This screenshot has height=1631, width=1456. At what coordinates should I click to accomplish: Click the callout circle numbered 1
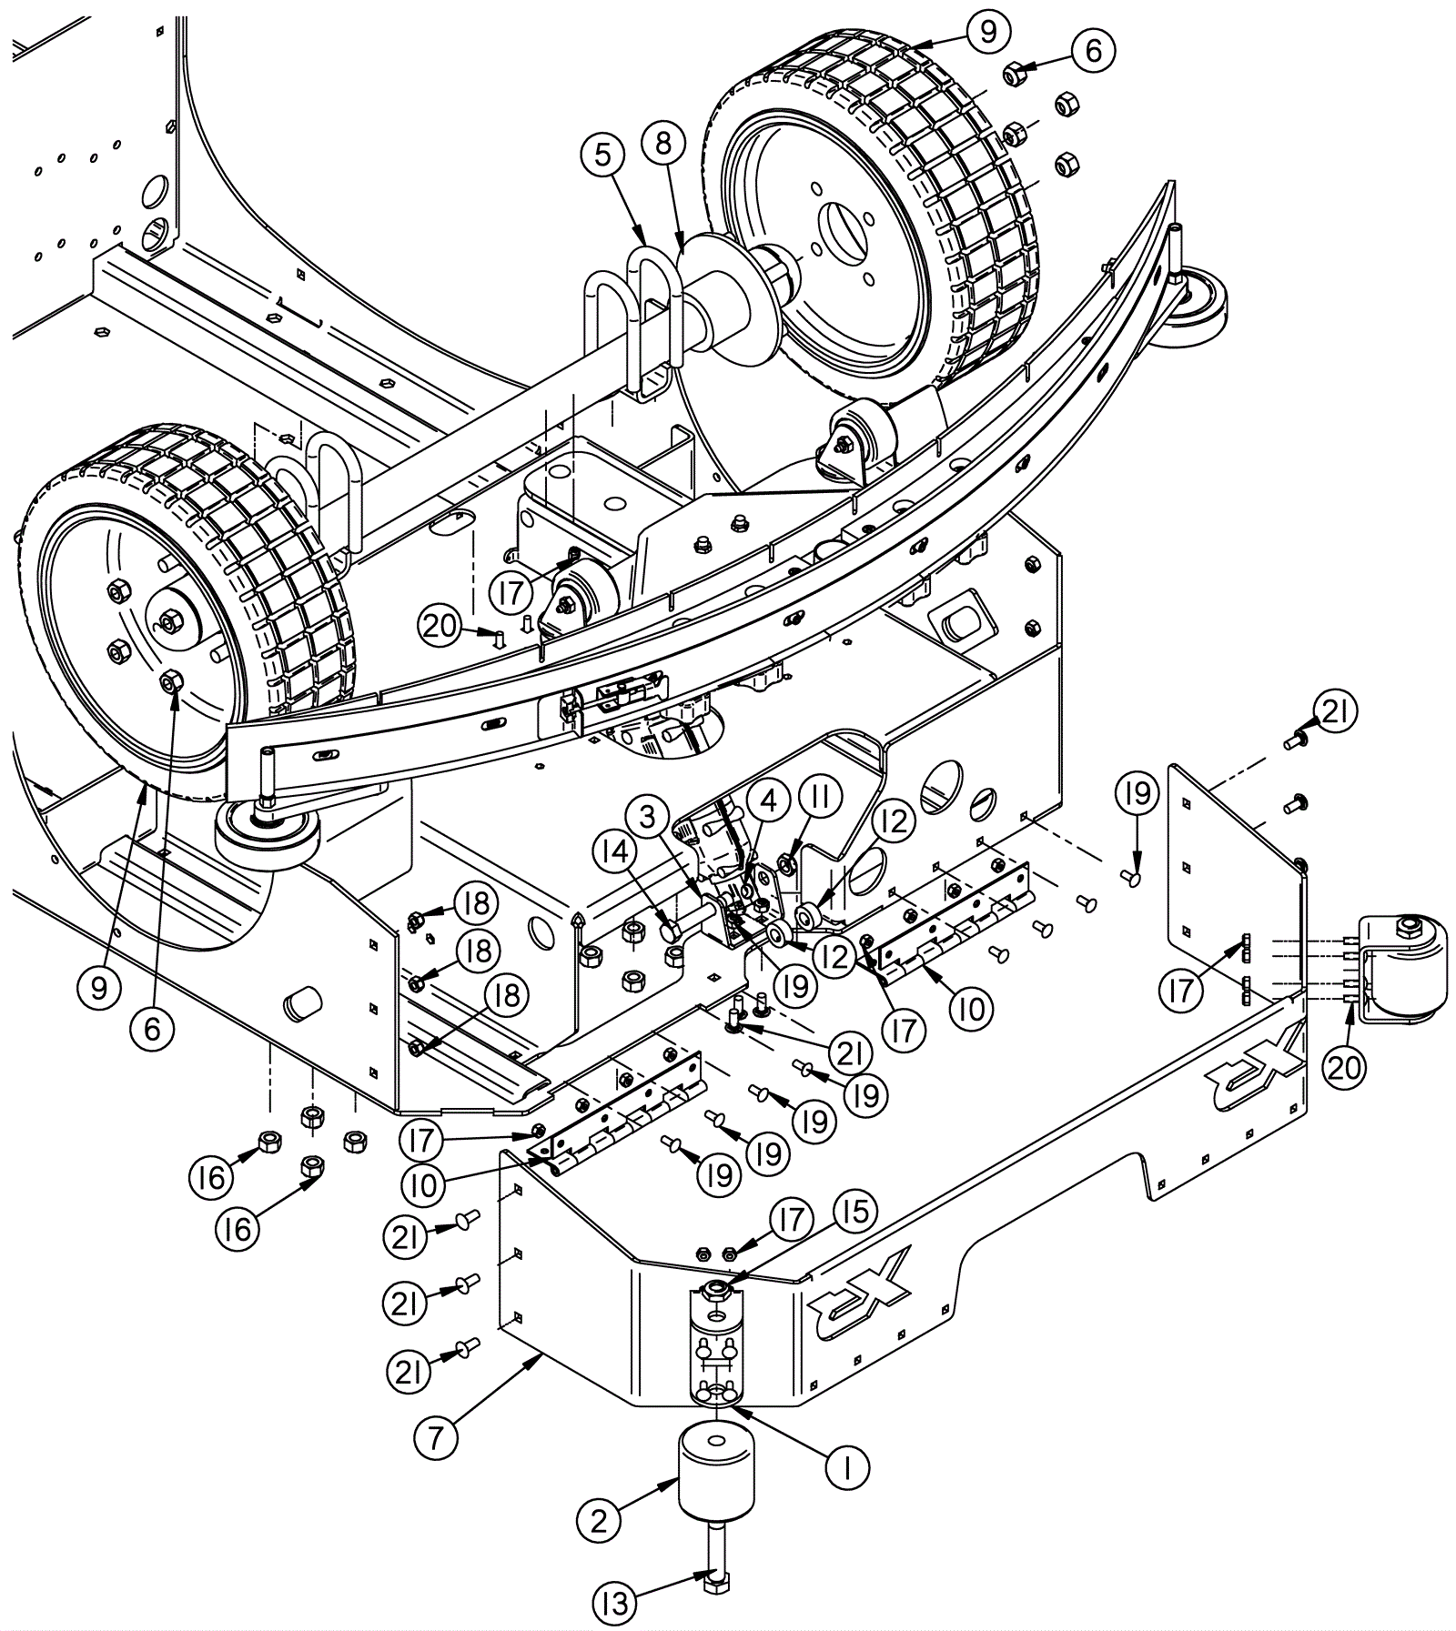847,1466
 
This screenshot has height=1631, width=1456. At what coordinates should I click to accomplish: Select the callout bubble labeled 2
599,1521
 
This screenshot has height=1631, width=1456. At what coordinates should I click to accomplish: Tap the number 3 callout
647,818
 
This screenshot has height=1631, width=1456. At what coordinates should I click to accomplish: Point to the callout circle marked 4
770,800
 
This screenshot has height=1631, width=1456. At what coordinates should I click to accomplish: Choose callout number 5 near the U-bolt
604,156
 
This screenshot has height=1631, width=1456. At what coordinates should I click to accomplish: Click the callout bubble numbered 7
437,1439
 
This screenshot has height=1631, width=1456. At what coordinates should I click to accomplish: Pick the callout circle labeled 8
663,143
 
